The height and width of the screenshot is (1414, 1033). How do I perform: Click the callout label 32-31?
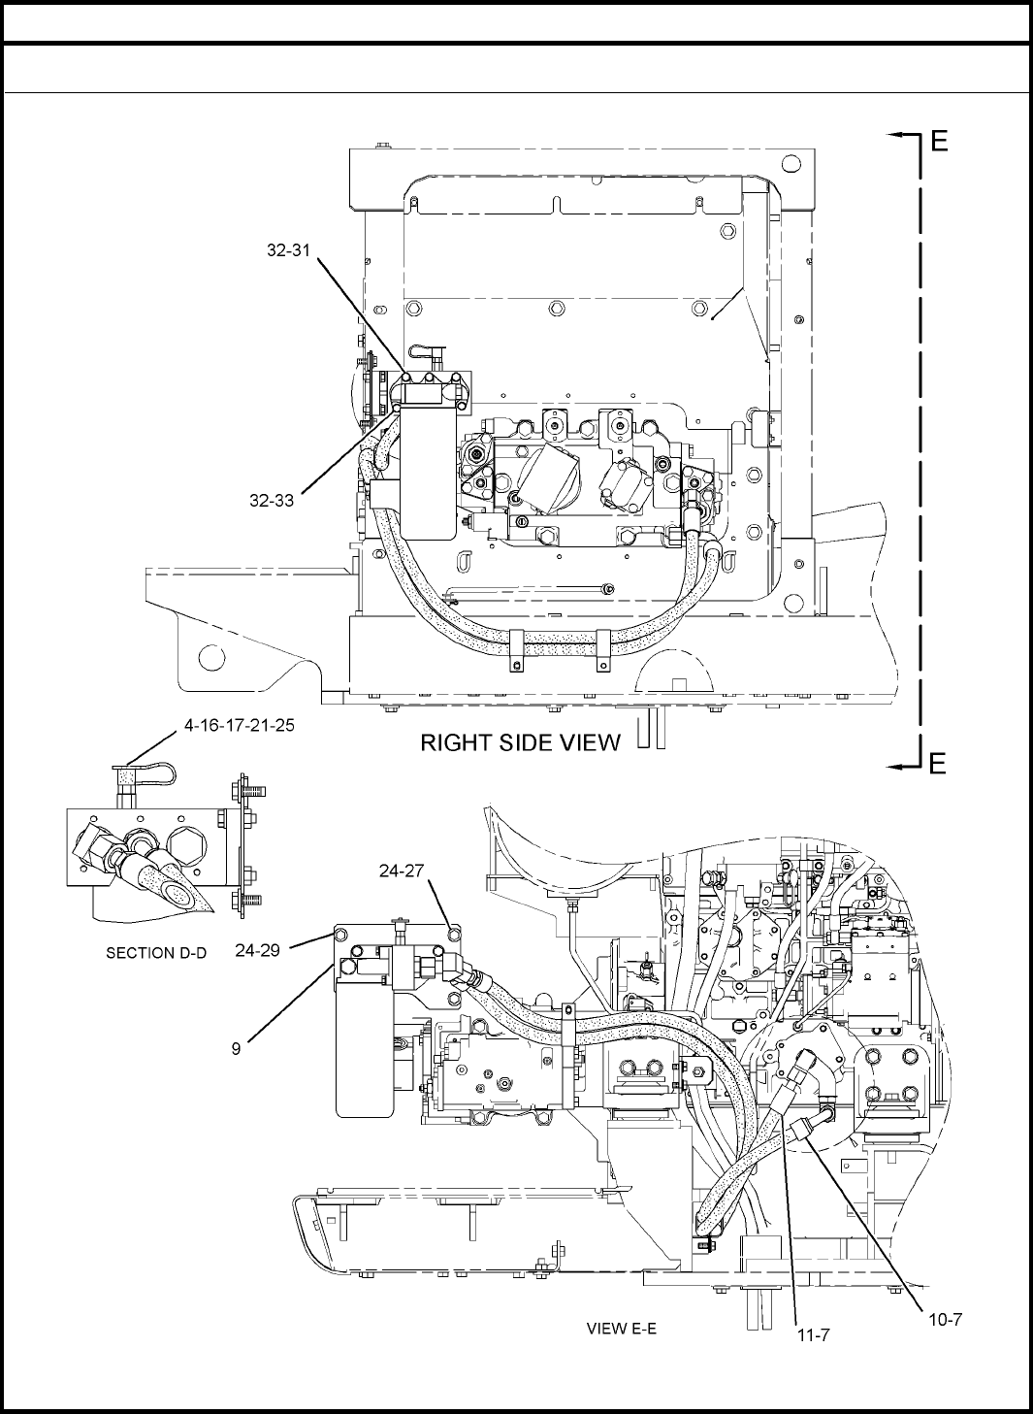tap(288, 250)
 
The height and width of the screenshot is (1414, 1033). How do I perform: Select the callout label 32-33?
tap(272, 501)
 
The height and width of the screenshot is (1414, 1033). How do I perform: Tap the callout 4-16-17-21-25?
tap(240, 725)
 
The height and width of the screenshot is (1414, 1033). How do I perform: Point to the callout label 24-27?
tap(402, 871)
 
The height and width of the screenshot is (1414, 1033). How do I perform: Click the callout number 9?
tap(236, 1049)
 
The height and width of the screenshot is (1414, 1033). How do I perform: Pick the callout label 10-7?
tap(946, 1319)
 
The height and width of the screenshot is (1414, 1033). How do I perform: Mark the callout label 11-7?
tap(814, 1334)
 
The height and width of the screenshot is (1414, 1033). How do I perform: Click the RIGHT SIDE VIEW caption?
tap(521, 743)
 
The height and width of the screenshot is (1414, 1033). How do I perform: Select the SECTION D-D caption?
tap(156, 953)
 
